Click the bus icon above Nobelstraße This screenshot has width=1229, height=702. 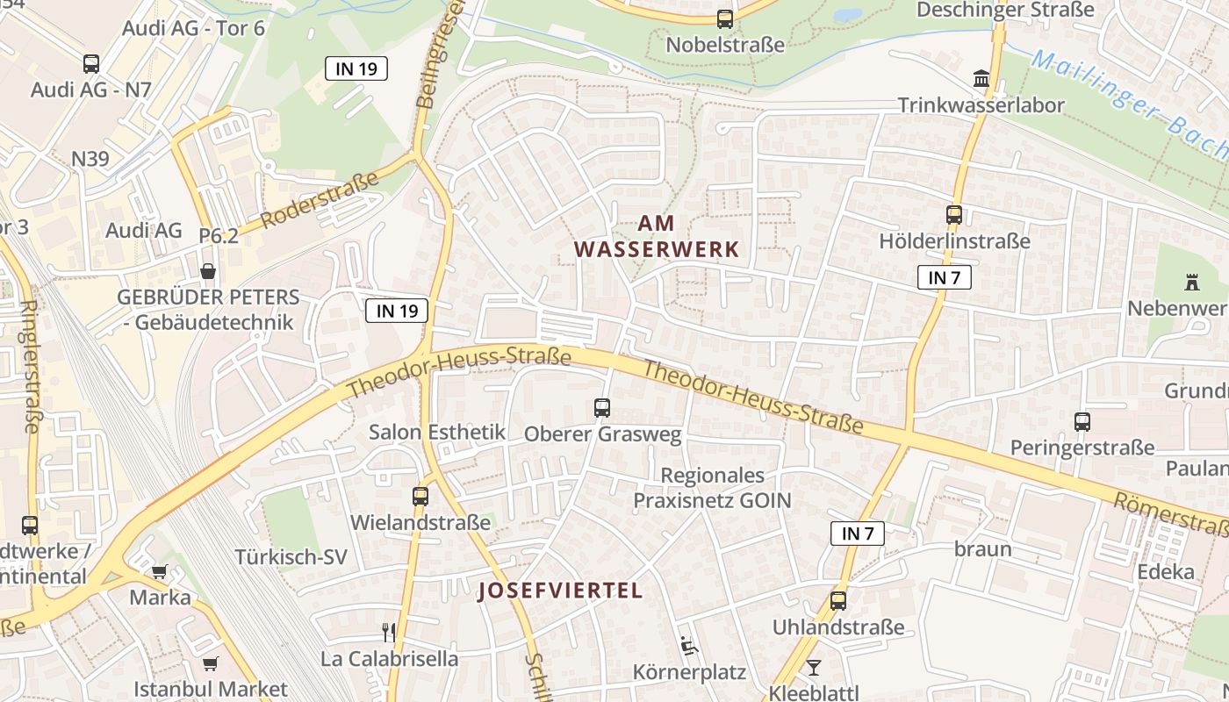724,18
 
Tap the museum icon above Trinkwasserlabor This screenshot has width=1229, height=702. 981,79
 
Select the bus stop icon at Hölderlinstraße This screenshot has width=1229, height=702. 953,214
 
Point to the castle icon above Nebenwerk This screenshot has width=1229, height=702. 1191,283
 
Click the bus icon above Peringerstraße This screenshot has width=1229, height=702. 1082,422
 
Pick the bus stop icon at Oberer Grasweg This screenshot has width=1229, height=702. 601,407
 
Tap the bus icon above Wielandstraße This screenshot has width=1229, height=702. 420,496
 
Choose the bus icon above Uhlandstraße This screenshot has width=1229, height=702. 837,601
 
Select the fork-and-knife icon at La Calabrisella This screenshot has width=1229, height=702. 389,632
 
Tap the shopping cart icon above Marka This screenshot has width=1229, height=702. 159,571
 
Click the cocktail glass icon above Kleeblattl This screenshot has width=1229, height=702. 814,667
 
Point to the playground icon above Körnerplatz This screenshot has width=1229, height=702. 688,647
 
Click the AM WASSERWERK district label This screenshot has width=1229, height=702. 657,237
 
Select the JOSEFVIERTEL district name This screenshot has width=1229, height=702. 560,590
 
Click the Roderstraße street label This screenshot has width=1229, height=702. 320,199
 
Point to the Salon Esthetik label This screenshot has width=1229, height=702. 436,432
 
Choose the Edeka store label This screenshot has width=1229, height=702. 1166,572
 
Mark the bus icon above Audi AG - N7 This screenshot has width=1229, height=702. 90,63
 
